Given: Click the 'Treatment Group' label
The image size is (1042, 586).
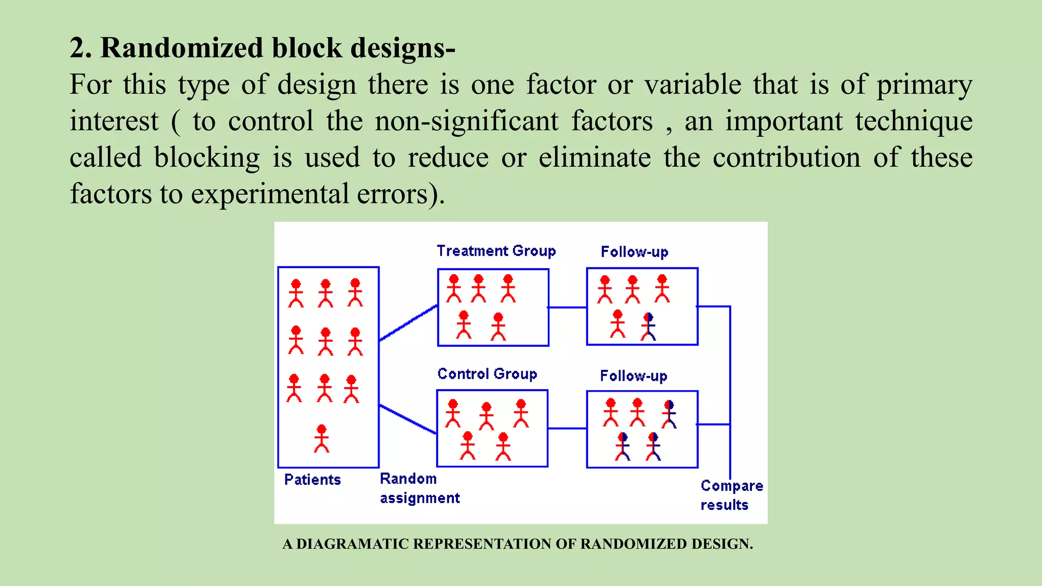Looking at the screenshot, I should point(496,251).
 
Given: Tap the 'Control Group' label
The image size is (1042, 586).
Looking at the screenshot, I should point(487,374).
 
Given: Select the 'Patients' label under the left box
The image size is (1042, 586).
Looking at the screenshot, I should point(312,480).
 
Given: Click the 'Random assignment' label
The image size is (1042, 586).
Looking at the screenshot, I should point(419,488).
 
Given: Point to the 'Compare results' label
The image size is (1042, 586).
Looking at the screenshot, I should point(731,495).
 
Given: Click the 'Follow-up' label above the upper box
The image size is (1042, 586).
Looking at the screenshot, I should point(634,252).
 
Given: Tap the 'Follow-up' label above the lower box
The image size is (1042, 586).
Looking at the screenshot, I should point(633,376).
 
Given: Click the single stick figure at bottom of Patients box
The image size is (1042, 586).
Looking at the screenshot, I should point(321,438).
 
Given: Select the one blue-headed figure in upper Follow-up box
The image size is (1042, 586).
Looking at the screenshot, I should point(648,327).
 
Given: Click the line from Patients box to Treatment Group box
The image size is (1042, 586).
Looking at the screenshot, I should point(409,323).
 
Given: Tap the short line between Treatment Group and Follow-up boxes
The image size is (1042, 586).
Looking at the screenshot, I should point(567,307).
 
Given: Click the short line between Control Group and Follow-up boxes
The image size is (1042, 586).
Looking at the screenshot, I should point(567,428).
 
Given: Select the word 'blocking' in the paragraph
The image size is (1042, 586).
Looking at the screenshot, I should point(207,157).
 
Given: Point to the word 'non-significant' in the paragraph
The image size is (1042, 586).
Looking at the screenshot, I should point(467,121).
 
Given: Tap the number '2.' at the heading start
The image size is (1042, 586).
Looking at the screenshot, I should point(80,48).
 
